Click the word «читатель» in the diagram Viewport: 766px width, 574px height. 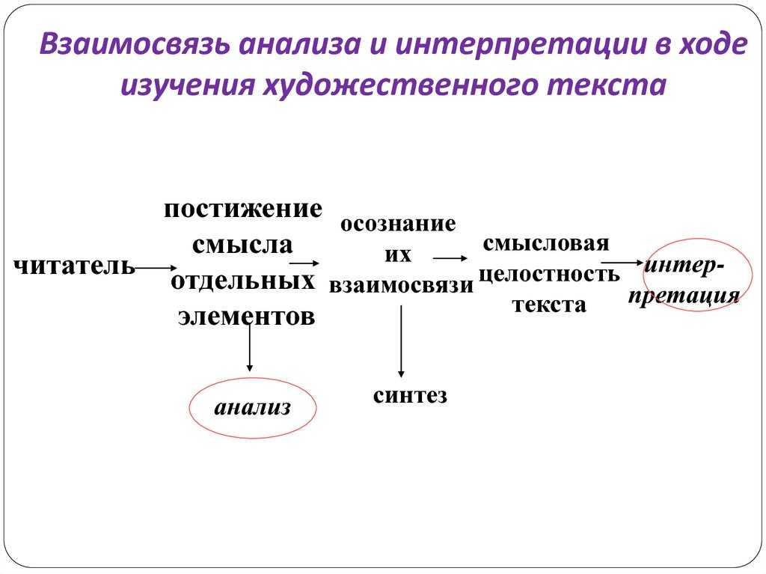click(x=74, y=267)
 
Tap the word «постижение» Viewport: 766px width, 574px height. click(x=243, y=210)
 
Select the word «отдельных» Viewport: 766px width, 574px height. click(x=243, y=281)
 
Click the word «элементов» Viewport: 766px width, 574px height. click(x=246, y=317)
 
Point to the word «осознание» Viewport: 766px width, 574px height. click(x=398, y=224)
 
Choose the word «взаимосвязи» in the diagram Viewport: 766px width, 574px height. click(x=401, y=286)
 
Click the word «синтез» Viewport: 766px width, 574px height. click(x=410, y=396)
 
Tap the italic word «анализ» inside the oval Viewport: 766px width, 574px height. click(x=253, y=408)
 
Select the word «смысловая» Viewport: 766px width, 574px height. click(x=545, y=243)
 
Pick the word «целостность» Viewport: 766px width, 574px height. click(x=549, y=275)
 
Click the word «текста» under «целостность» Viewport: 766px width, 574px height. click(x=549, y=305)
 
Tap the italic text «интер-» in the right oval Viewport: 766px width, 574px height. click(x=684, y=266)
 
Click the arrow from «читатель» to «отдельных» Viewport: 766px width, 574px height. click(x=156, y=267)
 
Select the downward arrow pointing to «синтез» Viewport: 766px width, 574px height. click(x=401, y=341)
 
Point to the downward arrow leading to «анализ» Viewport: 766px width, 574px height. click(x=250, y=348)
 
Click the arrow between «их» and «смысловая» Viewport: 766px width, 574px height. click(x=450, y=258)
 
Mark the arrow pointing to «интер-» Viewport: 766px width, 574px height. click(x=622, y=263)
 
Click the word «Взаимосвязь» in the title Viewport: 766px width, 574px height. click(x=134, y=44)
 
